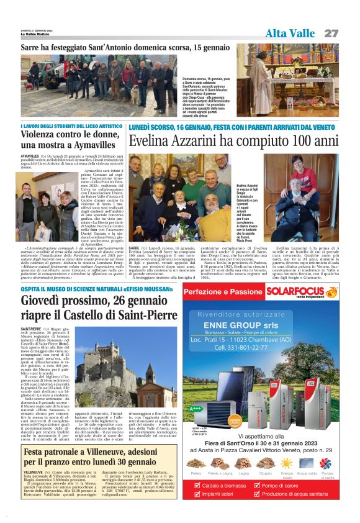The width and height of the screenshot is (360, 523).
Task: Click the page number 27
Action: pos(331,33)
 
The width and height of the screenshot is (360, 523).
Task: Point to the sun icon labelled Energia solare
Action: pos(287,463)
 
